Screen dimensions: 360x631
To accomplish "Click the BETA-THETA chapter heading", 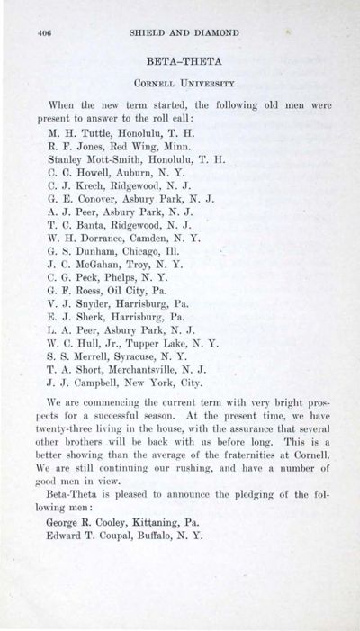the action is coord(181,62).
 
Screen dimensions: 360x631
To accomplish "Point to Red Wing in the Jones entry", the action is coord(139,150).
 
